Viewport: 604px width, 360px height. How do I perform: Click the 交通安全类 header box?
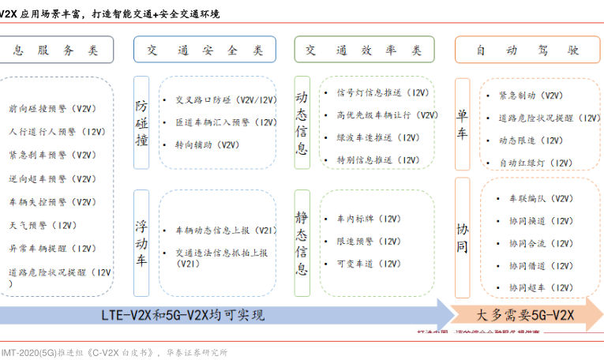[x=204, y=50]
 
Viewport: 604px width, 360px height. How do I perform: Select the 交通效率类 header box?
[x=363, y=50]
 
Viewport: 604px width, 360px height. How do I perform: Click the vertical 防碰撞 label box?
[x=141, y=122]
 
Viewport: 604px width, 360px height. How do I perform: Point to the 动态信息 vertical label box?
[x=302, y=122]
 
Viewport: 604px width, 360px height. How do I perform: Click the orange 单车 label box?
[x=462, y=122]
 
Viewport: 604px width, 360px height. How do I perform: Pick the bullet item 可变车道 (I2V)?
[x=368, y=264]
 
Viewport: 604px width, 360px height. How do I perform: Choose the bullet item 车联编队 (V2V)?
[x=541, y=198]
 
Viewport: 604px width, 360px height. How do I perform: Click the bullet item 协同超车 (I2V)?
[x=541, y=287]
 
